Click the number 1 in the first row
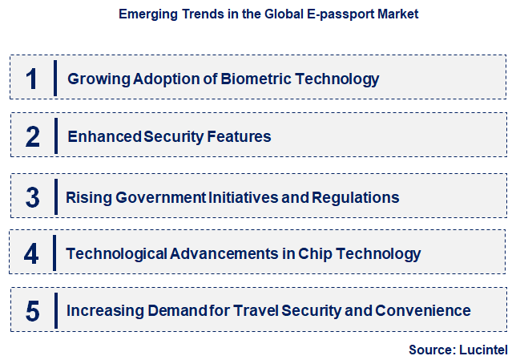coord(32,79)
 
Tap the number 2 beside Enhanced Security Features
coord(32,136)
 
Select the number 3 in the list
coord(32,196)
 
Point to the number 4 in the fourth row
coord(31,254)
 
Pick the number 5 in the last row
coord(32,311)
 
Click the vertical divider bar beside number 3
coord(56,196)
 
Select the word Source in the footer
coord(431,350)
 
